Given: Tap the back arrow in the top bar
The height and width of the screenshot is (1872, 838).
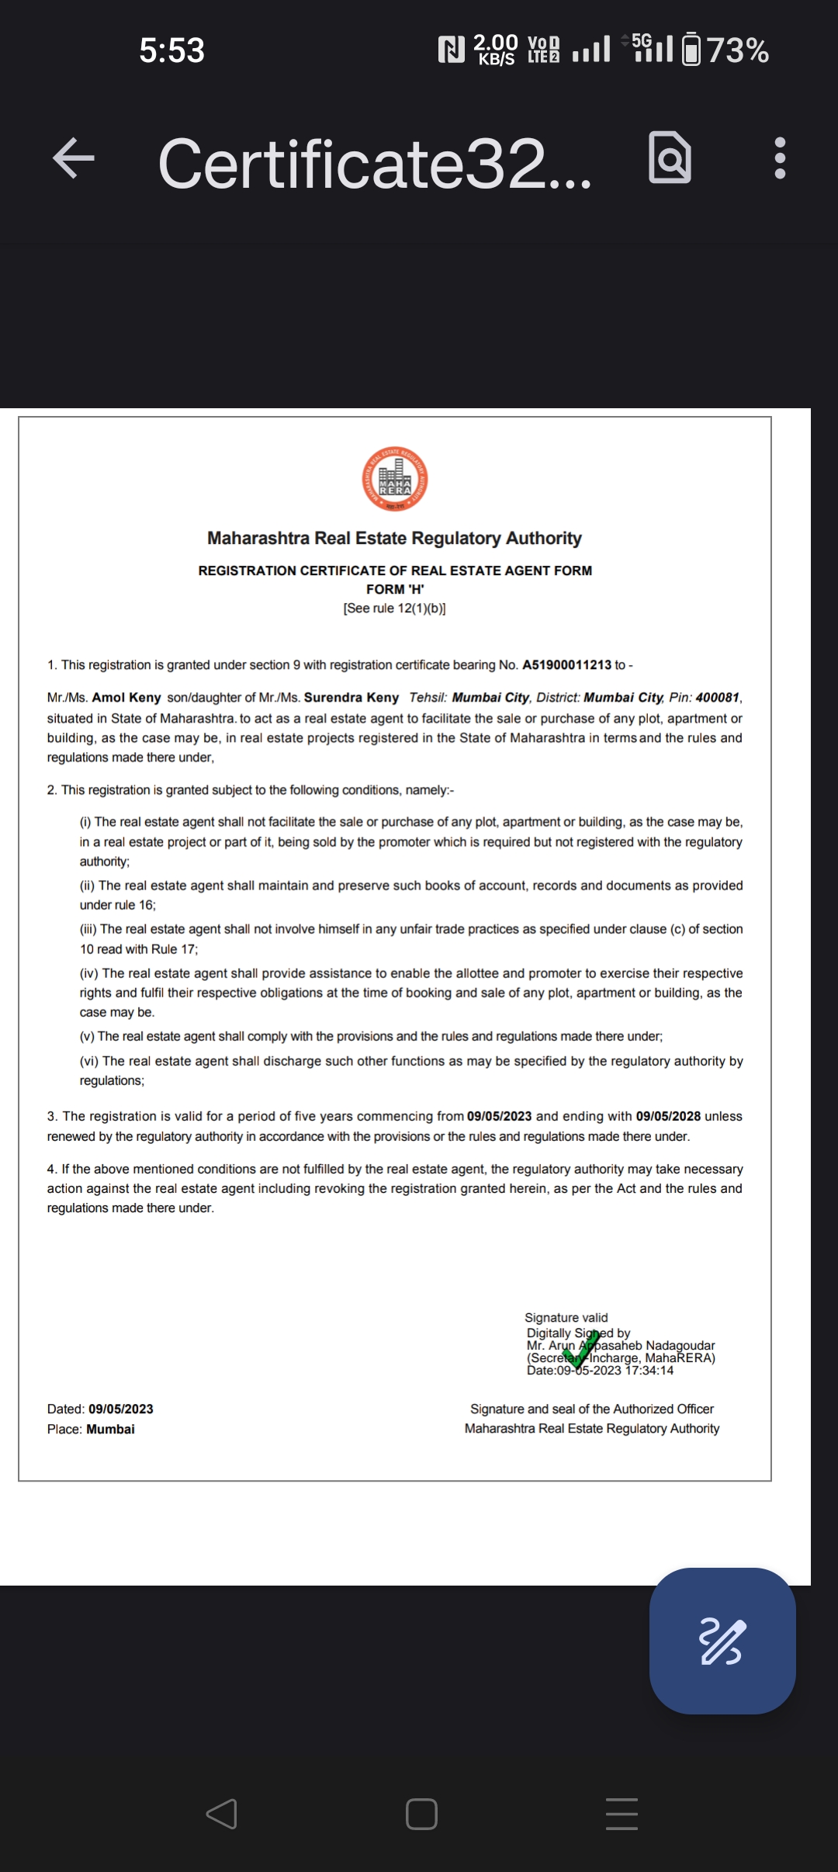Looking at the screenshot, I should point(74,158).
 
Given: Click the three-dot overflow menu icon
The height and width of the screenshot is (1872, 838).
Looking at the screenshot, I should point(780,158).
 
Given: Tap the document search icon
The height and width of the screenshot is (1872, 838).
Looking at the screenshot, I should point(670,158).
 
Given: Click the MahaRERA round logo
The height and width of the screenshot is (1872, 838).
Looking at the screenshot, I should point(395,479).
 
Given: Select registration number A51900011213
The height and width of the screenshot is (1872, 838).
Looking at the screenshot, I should point(566,665).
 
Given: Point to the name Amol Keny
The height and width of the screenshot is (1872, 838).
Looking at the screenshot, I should point(126,698).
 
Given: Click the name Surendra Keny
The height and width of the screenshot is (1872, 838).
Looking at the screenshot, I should point(351,698).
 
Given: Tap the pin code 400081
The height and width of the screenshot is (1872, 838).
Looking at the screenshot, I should point(717,698).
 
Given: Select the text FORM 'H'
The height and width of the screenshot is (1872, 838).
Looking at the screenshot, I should point(395,589).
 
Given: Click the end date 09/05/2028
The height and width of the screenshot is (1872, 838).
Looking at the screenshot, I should point(668,1116).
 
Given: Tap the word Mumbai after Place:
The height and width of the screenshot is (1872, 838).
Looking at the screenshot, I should point(110,1429).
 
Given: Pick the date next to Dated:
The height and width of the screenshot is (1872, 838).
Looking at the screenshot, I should point(120,1409).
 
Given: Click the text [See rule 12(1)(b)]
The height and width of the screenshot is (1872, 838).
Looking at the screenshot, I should point(394,608).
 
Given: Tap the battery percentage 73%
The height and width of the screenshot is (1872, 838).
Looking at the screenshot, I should point(738,51).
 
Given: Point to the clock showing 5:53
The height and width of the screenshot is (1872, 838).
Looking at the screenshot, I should point(171,51).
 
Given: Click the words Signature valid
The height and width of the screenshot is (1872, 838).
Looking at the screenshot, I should point(566,1318).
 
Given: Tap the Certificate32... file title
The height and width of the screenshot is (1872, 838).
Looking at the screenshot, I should point(374,163).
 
